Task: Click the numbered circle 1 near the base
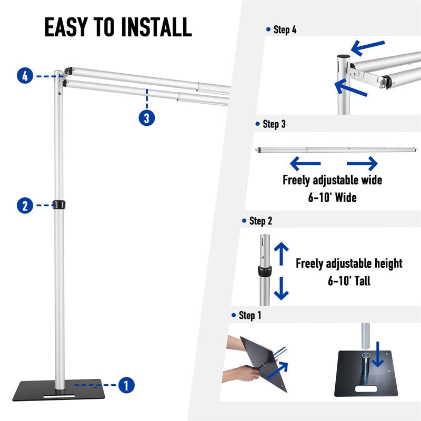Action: click(x=125, y=385)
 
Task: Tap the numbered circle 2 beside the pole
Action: click(x=25, y=205)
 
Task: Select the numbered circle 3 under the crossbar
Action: click(x=147, y=118)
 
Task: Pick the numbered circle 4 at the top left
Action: click(x=25, y=76)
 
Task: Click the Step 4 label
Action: click(x=285, y=30)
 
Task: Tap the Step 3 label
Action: click(x=274, y=125)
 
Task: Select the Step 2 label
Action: click(x=260, y=221)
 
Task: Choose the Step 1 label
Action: click(x=250, y=316)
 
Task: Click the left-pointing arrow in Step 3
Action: click(x=305, y=163)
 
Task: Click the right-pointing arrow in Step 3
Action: click(x=362, y=163)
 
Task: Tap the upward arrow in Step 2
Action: click(x=282, y=253)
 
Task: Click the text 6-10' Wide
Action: click(x=332, y=198)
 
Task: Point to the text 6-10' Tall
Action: click(x=349, y=281)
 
